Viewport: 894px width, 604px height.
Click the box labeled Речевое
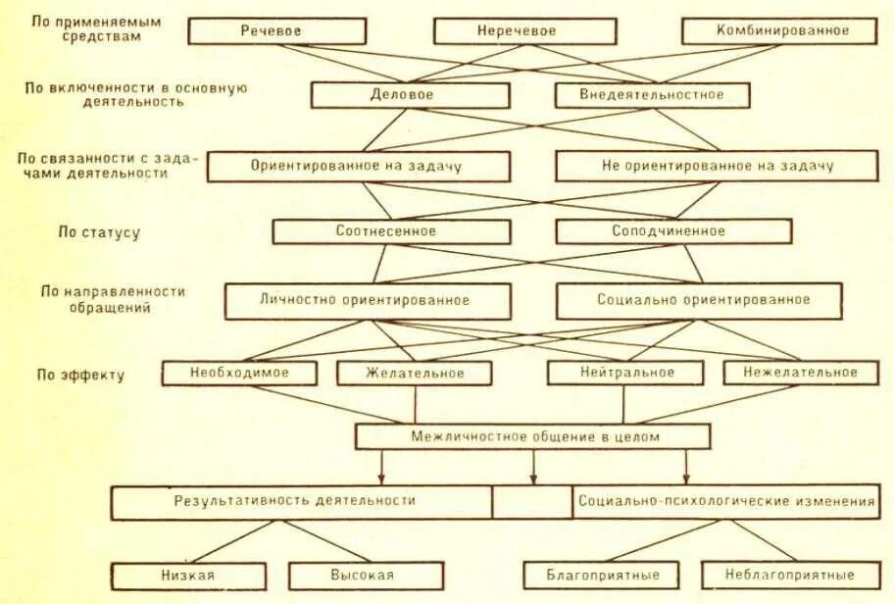pyautogui.click(x=272, y=31)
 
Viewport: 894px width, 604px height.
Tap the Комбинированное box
pyautogui.click(x=780, y=31)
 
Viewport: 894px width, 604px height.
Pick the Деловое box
pyautogui.click(x=410, y=95)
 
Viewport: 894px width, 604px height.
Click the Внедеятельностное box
pyautogui.click(x=652, y=95)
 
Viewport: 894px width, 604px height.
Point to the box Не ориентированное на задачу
pyautogui.click(x=717, y=166)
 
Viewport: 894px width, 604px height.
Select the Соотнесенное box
pyautogui.click(x=391, y=231)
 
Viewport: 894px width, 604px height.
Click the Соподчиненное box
pyautogui.click(x=673, y=231)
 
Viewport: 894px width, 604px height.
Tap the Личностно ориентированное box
pyautogui.click(x=368, y=300)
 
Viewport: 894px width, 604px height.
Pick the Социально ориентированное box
pyautogui.click(x=698, y=300)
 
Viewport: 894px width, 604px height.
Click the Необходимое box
pyautogui.click(x=239, y=373)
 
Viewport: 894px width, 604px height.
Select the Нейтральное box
pyautogui.click(x=624, y=373)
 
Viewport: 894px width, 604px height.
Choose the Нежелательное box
pyautogui.click(x=800, y=373)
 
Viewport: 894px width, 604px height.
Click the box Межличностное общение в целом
pyautogui.click(x=532, y=436)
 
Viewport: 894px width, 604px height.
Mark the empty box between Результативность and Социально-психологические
pyautogui.click(x=532, y=501)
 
